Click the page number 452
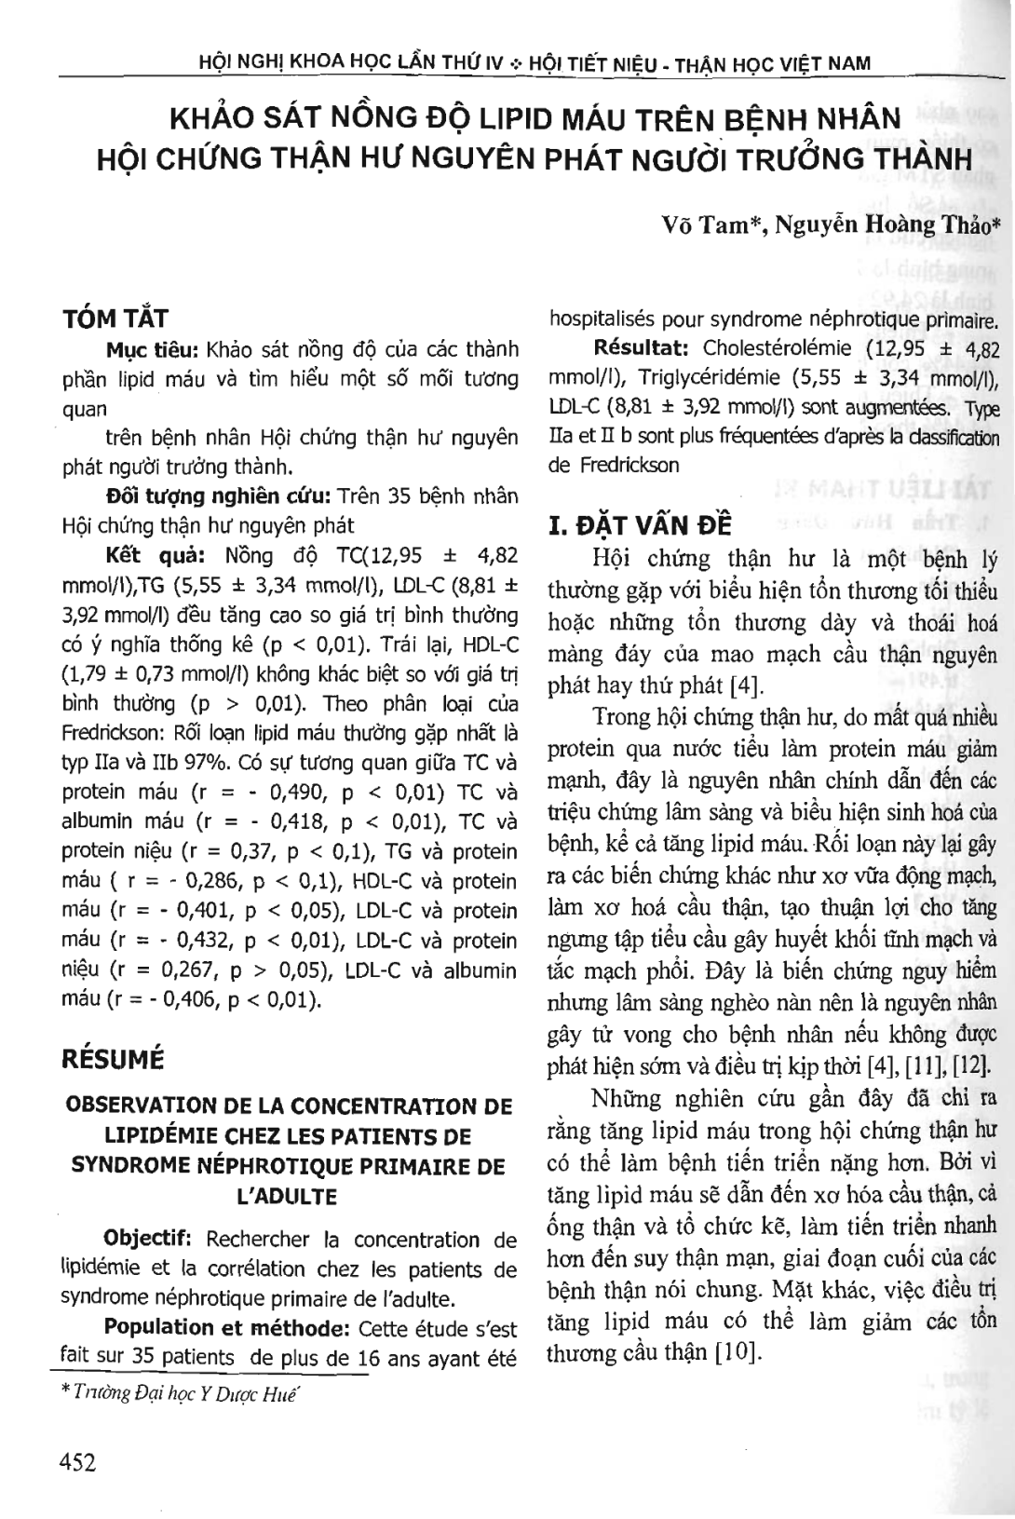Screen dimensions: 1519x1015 (x=77, y=1463)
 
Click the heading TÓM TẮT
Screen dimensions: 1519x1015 (x=115, y=319)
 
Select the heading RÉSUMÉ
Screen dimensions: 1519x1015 (x=112, y=1059)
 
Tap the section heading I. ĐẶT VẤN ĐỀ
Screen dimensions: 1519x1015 (x=641, y=524)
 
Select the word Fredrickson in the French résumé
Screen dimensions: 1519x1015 (x=614, y=464)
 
